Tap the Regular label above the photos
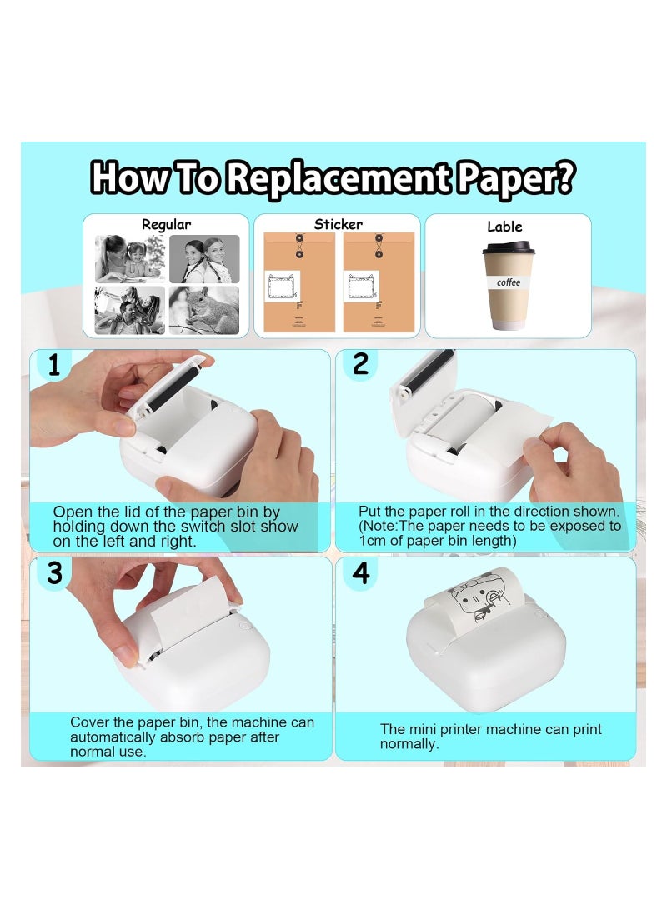click(x=166, y=224)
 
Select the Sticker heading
click(x=338, y=224)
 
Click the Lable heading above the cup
click(x=504, y=227)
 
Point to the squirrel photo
click(x=204, y=310)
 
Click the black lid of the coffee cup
click(x=507, y=247)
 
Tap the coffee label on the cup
click(x=508, y=282)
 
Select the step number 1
click(x=53, y=365)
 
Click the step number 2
click(x=360, y=365)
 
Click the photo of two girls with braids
click(x=204, y=259)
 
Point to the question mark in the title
click(x=563, y=177)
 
